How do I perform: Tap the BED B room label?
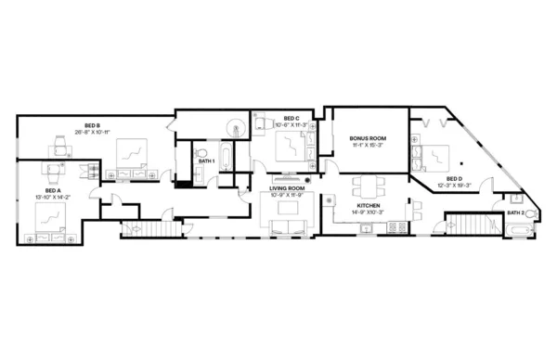point(92,125)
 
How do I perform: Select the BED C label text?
point(291,119)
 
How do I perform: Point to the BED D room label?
point(454,179)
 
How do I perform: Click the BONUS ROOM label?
point(368,138)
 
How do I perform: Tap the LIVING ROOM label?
point(287,187)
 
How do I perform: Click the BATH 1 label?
point(207,162)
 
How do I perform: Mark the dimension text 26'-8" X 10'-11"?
point(92,133)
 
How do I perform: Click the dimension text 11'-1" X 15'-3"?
point(368,146)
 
